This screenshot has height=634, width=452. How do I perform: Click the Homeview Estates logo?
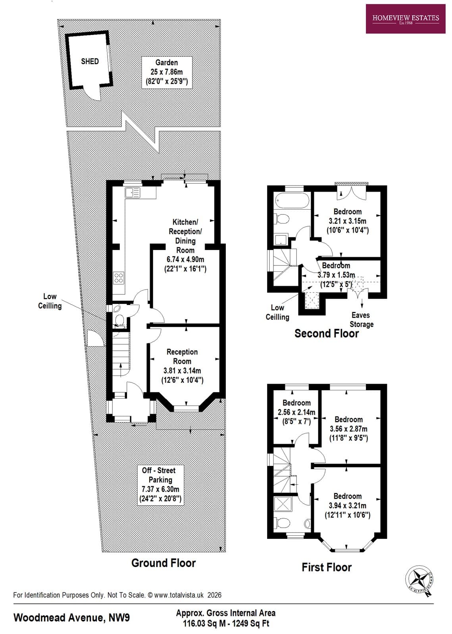tap(405, 19)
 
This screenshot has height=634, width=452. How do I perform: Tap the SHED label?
tap(90, 61)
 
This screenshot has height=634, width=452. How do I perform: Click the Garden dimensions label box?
tap(167, 72)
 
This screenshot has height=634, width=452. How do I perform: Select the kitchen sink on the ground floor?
tap(133, 193)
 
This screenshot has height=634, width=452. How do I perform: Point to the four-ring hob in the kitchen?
tap(119, 278)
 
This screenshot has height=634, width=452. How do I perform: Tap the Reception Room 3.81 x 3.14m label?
tap(182, 366)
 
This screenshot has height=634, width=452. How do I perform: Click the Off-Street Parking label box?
tap(160, 484)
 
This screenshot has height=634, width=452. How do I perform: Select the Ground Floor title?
tap(163, 563)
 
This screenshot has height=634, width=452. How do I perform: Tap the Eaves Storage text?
tap(361, 320)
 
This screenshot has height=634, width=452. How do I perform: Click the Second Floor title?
tap(326, 334)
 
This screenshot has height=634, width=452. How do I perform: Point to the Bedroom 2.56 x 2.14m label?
tap(296, 412)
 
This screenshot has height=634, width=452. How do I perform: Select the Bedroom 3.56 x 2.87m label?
tap(348, 429)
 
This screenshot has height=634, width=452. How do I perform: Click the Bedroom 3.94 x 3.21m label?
tap(347, 506)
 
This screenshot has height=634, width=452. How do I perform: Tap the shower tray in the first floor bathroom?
tap(284, 504)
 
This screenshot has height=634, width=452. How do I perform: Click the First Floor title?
tap(326, 567)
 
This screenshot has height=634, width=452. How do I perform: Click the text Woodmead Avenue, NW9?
tap(71, 617)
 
